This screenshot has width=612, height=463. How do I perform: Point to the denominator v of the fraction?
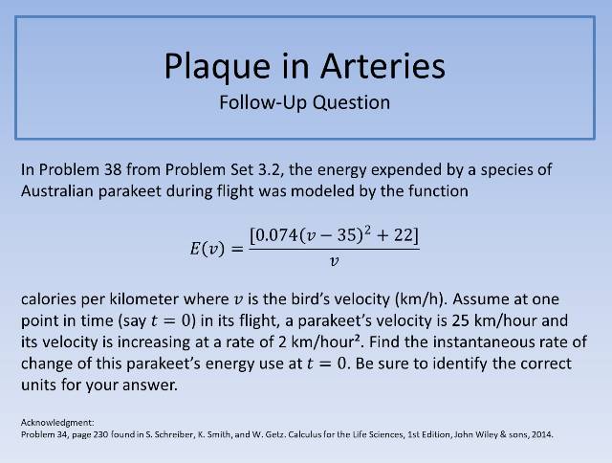point(333,260)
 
